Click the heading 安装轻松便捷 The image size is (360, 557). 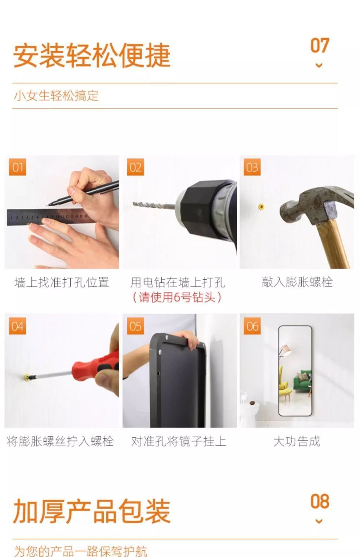click(92, 55)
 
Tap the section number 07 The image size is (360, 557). click(319, 46)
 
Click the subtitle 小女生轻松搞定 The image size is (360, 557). click(56, 96)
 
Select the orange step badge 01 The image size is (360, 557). click(17, 167)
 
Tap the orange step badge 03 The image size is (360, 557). click(252, 167)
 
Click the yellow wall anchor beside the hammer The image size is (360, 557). click(261, 206)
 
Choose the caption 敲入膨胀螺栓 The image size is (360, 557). click(297, 282)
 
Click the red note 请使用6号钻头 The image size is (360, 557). click(177, 297)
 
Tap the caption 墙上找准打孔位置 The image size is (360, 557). click(61, 282)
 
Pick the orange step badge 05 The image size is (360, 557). click(135, 326)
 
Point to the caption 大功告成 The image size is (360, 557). click(296, 441)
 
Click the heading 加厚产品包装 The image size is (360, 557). click(92, 512)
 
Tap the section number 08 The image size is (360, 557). click(319, 502)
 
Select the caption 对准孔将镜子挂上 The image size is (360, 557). click(179, 441)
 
